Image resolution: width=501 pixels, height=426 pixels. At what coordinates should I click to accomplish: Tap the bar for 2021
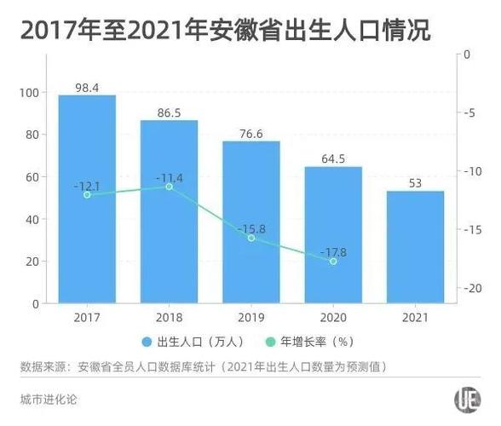pos(415,247)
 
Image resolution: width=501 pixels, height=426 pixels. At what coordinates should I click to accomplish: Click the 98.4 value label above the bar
pos(87,87)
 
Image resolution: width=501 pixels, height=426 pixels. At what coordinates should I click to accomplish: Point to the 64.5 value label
pos(333,158)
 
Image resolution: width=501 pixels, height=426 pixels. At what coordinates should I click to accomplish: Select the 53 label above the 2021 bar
pos(415,182)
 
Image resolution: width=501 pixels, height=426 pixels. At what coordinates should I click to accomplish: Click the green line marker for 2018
pos(169,186)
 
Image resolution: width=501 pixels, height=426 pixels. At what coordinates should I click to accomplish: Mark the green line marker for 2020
pos(333,261)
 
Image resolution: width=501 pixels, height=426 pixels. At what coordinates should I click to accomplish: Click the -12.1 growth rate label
pos(87,185)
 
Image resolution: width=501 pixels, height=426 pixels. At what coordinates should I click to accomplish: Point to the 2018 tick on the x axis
pos(169,317)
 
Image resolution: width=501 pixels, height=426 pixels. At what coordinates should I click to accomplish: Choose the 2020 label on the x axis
pos(333,317)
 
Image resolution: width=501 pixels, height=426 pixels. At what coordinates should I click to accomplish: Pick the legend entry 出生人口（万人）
pos(194,342)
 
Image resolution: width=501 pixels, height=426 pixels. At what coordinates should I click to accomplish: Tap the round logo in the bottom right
pos(465,398)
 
